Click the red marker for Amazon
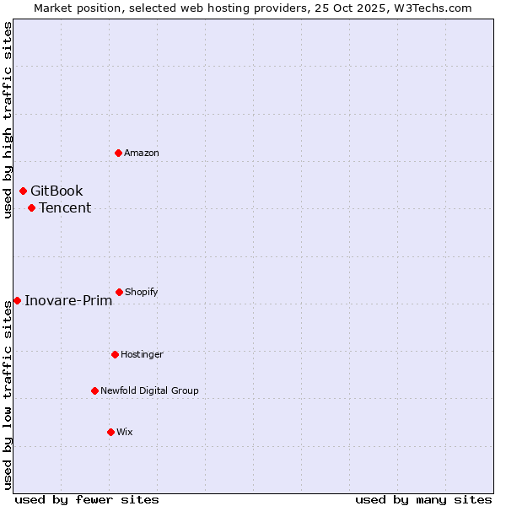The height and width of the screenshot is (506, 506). [x=119, y=153]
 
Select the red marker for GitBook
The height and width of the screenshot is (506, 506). [x=23, y=191]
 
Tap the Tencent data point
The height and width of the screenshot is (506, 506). [x=31, y=207]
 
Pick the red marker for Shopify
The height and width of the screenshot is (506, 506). [x=119, y=292]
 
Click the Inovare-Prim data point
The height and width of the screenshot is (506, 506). [x=17, y=300]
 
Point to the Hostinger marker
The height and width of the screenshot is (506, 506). [x=115, y=354]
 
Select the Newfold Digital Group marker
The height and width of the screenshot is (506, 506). [x=94, y=390]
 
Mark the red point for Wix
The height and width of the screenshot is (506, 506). [x=110, y=432]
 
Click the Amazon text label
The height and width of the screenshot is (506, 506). [x=142, y=153]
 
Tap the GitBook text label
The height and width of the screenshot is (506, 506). [x=57, y=191]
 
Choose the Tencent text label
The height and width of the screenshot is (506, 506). [x=65, y=207]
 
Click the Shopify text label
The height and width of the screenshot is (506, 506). [x=142, y=292]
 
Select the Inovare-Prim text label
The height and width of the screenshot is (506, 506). [x=68, y=300]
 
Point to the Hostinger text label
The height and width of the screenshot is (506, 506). [x=142, y=354]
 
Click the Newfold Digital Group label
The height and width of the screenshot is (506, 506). [x=149, y=390]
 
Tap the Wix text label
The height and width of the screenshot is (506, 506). [x=125, y=432]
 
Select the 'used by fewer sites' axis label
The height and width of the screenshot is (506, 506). [x=87, y=499]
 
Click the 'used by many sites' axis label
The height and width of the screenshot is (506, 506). [x=423, y=499]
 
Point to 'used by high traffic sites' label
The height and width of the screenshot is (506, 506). [x=8, y=120]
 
